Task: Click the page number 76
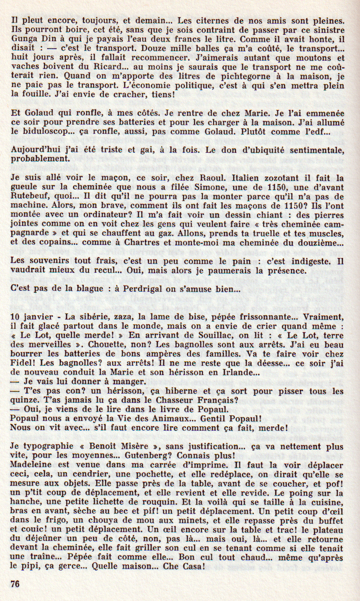pos(15,584)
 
